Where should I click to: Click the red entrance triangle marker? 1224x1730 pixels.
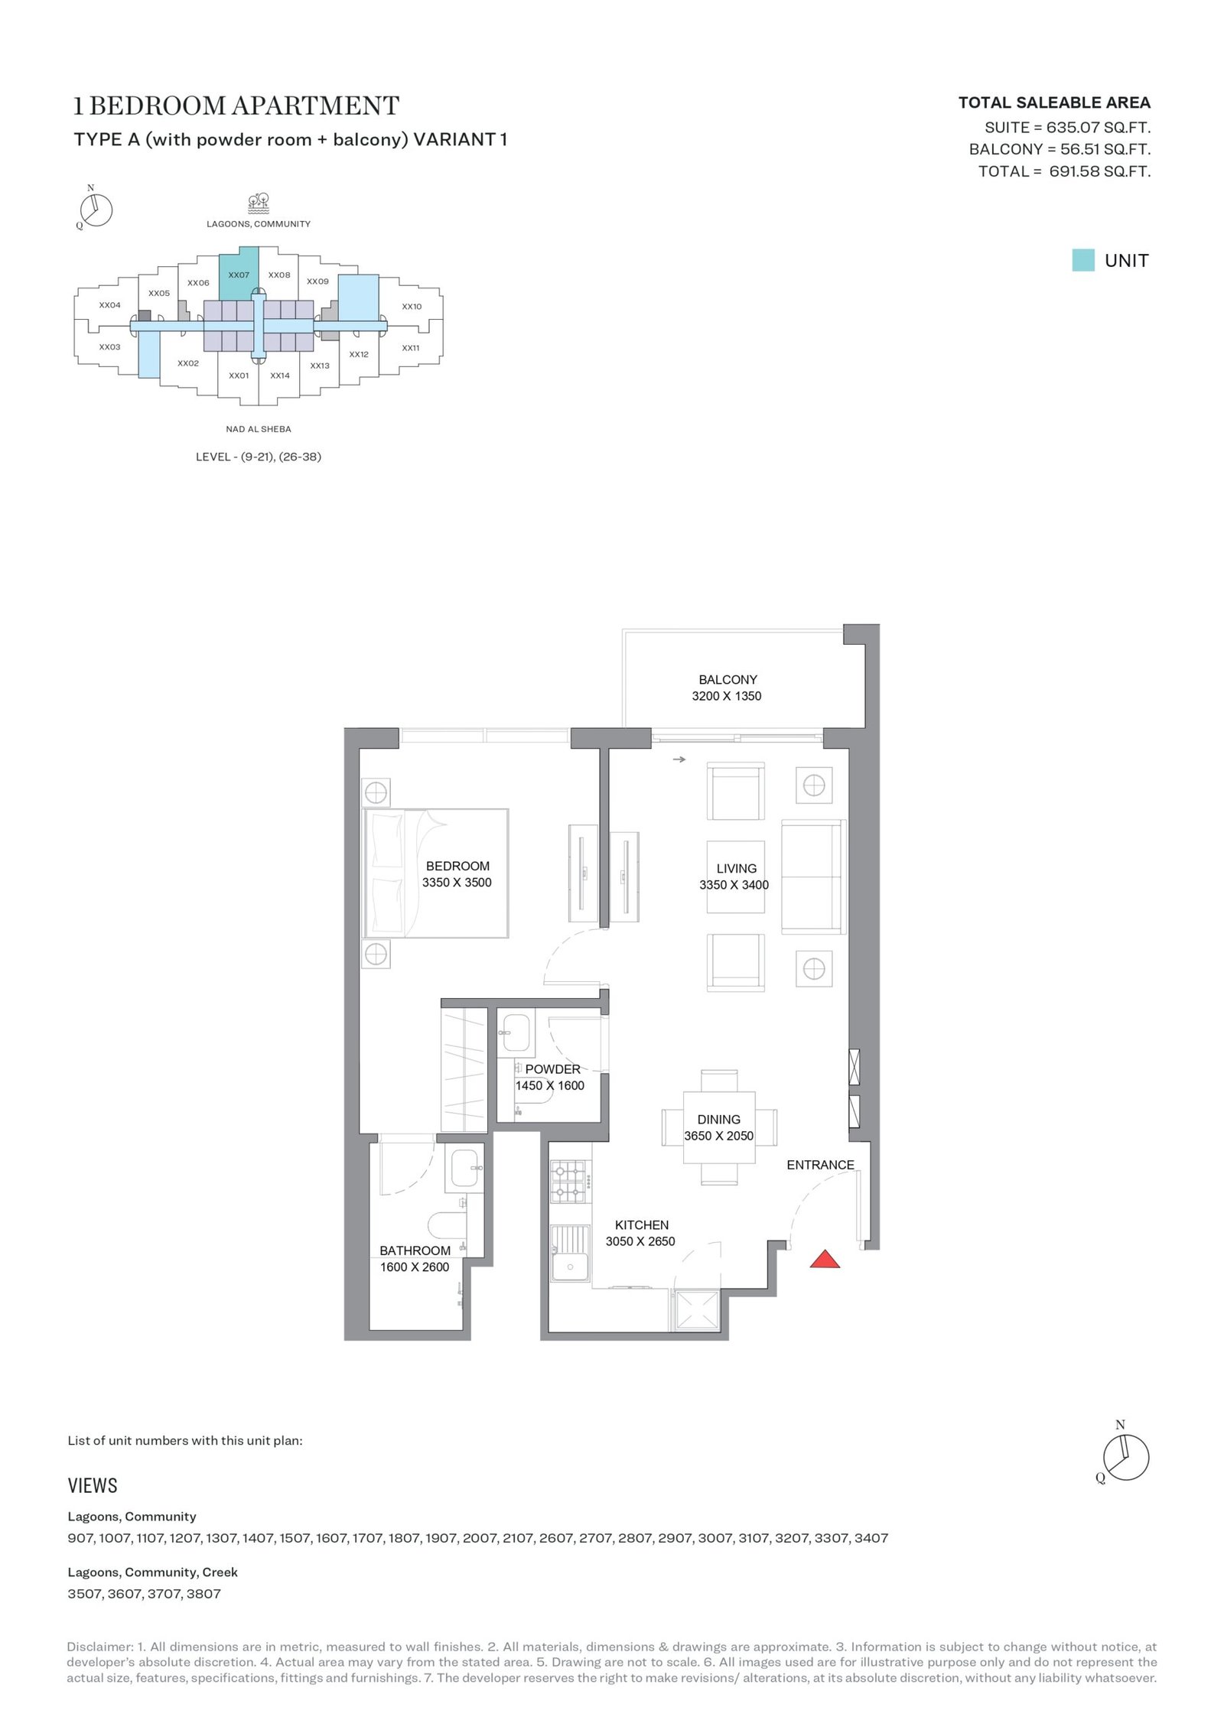pyautogui.click(x=825, y=1259)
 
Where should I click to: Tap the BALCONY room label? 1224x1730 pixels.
pyautogui.click(x=728, y=679)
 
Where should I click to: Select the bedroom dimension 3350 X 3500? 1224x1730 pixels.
pyautogui.click(x=457, y=882)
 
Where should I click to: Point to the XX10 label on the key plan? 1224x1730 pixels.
pyautogui.click(x=412, y=307)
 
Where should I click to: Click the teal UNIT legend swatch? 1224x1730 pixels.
pyautogui.click(x=1082, y=260)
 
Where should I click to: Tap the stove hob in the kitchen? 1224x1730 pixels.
pyautogui.click(x=570, y=1182)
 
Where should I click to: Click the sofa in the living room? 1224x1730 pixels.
pyautogui.click(x=813, y=876)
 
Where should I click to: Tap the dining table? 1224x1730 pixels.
pyautogui.click(x=719, y=1127)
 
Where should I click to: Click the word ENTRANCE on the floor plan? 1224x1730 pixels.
pyautogui.click(x=820, y=1165)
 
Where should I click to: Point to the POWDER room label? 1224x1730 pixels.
pyautogui.click(x=552, y=1069)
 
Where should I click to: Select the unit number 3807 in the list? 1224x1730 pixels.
pyautogui.click(x=203, y=1594)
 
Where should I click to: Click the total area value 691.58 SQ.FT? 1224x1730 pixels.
pyautogui.click(x=1099, y=171)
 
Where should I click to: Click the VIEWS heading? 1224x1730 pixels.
pyautogui.click(x=93, y=1485)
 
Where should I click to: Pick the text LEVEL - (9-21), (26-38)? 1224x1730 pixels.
pyautogui.click(x=259, y=457)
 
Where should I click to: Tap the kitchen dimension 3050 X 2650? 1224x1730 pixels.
pyautogui.click(x=640, y=1241)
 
